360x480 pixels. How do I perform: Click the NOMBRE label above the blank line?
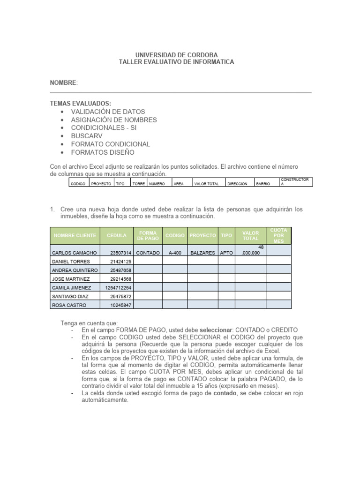63,83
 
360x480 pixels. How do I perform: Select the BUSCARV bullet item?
87,136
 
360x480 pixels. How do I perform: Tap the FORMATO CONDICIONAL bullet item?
111,144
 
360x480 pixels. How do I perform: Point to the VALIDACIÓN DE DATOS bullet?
108,112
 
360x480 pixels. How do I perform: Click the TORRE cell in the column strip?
139,184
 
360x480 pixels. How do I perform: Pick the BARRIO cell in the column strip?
263,184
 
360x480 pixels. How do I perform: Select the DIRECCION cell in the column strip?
237,184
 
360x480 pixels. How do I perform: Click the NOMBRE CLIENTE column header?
75,235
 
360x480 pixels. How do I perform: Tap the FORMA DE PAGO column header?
148,235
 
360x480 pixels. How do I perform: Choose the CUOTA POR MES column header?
279,235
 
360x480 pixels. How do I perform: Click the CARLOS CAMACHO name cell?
74,253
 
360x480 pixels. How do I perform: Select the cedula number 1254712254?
118,288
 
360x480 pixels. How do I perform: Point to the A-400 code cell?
175,253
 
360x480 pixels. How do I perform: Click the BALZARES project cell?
202,253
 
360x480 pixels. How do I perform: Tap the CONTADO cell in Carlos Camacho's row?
148,253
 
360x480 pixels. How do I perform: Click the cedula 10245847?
121,305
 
